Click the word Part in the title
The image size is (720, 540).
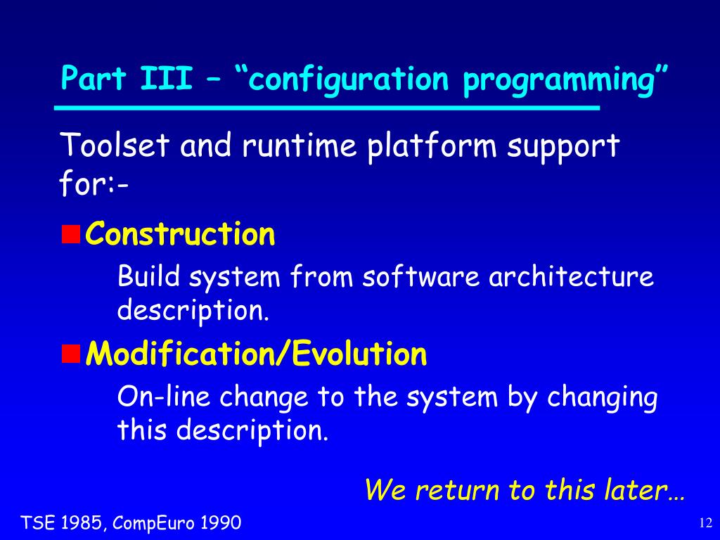(x=94, y=78)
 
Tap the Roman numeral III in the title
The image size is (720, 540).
(x=166, y=78)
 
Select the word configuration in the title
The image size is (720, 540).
(x=348, y=81)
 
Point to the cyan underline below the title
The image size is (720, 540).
(x=327, y=108)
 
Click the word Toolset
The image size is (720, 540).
(x=115, y=145)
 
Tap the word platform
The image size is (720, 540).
(x=432, y=148)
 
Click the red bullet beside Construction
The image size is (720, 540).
(x=71, y=234)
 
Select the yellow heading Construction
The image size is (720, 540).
(x=180, y=233)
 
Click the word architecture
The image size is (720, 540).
(x=571, y=276)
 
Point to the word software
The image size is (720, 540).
(x=420, y=276)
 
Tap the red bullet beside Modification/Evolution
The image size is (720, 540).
(x=71, y=354)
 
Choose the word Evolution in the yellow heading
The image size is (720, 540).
(x=359, y=354)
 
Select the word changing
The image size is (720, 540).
(x=602, y=398)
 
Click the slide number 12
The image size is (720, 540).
(x=705, y=523)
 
